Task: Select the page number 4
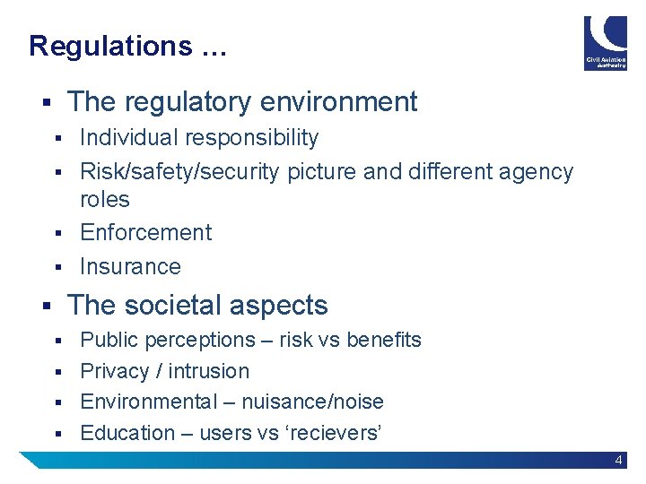pyautogui.click(x=619, y=460)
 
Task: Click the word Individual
pyautogui.click(x=125, y=138)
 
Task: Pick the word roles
pyautogui.click(x=105, y=199)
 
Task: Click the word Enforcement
pyautogui.click(x=145, y=232)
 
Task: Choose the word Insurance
pyautogui.click(x=130, y=266)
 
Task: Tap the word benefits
pyautogui.click(x=383, y=340)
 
